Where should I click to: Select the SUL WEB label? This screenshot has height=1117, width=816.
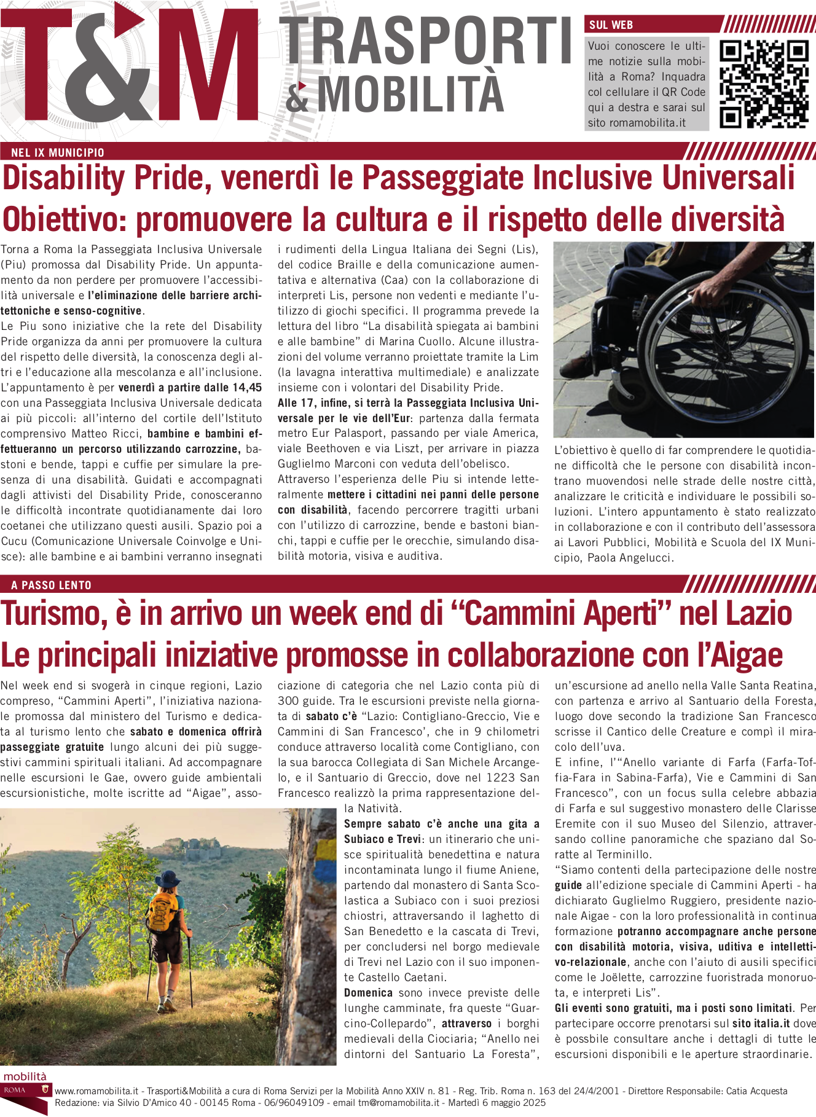click(611, 25)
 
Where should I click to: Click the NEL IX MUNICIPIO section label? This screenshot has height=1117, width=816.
click(58, 152)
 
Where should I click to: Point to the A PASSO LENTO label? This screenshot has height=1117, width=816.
click(51, 585)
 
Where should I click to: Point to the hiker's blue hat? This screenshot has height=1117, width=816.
click(167, 879)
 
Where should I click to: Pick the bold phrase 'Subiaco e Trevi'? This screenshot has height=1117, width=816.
click(382, 839)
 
